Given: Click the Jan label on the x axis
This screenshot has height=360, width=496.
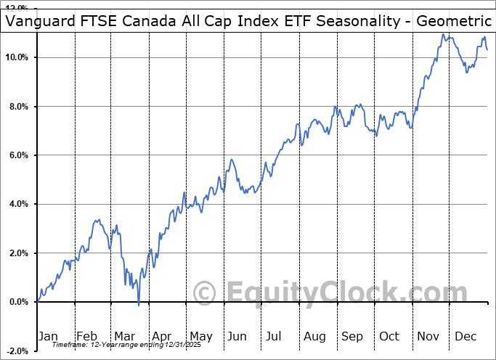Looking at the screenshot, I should click(x=47, y=336).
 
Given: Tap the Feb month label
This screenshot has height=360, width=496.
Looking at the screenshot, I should click(x=86, y=336).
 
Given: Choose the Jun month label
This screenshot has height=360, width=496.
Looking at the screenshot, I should click(x=237, y=336).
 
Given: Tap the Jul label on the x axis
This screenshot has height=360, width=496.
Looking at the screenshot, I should click(x=275, y=336).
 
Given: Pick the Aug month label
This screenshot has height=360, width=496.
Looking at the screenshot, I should click(x=314, y=336).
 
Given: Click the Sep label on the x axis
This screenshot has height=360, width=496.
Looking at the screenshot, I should click(x=352, y=336).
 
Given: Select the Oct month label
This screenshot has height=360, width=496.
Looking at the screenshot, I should click(x=390, y=336).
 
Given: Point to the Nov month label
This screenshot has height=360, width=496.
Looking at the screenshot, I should click(x=428, y=336).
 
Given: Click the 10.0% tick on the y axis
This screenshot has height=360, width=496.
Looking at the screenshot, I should click(x=17, y=57).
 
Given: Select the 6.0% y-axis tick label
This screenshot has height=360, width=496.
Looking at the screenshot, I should click(x=18, y=155).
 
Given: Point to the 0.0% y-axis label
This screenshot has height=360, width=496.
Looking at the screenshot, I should click(x=18, y=302).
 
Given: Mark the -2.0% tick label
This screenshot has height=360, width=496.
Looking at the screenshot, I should click(x=17, y=351).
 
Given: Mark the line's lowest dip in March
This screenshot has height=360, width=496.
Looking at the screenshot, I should click(x=139, y=305).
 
